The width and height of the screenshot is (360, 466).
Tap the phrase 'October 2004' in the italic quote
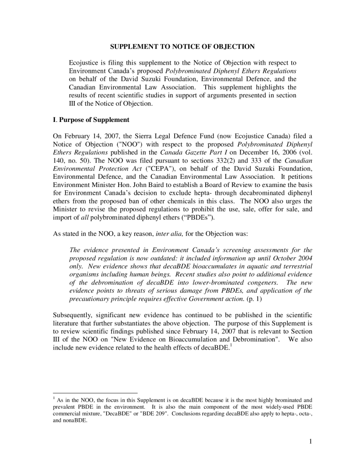pos(293,258)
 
